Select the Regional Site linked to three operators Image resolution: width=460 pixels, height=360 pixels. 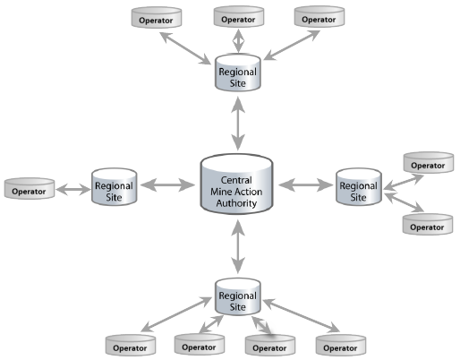point(237,74)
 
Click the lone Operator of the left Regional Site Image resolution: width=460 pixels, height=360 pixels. point(30,190)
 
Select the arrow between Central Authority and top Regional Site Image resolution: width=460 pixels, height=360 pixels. point(238,124)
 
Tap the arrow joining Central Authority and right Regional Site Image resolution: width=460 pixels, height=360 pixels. point(306,185)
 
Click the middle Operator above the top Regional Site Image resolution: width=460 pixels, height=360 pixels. point(237,18)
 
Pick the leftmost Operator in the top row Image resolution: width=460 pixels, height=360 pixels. point(157,18)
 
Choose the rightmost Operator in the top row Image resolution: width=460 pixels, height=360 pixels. point(319,18)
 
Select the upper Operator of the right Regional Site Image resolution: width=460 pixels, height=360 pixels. point(427,165)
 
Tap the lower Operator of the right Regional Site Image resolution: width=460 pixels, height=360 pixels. point(426,227)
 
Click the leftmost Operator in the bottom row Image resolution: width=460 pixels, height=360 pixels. point(131,344)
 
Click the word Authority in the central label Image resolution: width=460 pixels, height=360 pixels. point(237,204)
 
